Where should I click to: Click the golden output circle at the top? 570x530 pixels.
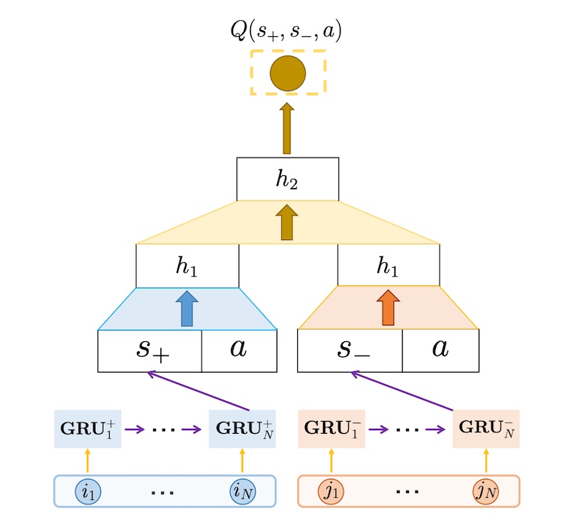point(287,73)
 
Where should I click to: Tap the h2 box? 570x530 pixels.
point(287,179)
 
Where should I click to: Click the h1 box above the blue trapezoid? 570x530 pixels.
point(187,266)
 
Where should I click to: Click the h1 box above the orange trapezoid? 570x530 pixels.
point(388,266)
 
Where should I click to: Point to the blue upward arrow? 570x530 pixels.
point(187,308)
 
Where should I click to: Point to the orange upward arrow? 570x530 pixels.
point(388,308)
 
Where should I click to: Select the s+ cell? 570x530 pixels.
point(150,350)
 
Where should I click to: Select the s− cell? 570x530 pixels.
point(350,350)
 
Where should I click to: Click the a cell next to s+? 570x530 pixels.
point(239,350)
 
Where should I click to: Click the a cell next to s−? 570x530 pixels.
point(440,350)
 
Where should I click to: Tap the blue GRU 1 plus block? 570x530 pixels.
point(88,429)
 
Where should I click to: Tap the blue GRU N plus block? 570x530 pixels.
point(242,429)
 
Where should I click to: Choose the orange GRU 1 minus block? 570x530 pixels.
point(331,429)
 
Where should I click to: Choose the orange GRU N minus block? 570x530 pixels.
point(486,429)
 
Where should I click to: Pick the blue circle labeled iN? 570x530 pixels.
point(242,492)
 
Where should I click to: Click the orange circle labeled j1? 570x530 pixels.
point(331,492)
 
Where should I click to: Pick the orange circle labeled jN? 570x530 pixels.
point(486,492)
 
